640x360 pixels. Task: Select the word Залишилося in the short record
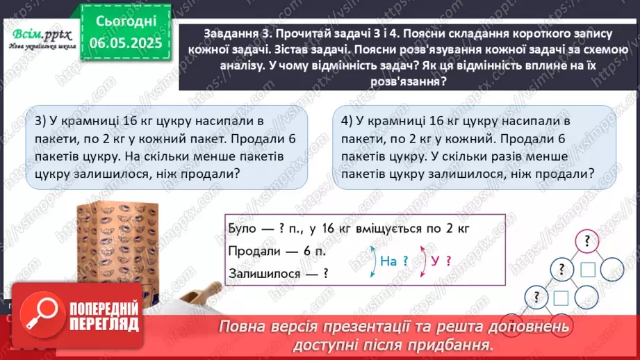pos(261,274)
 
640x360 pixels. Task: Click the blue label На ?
pos(394,261)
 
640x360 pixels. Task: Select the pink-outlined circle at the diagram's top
pos(588,242)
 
